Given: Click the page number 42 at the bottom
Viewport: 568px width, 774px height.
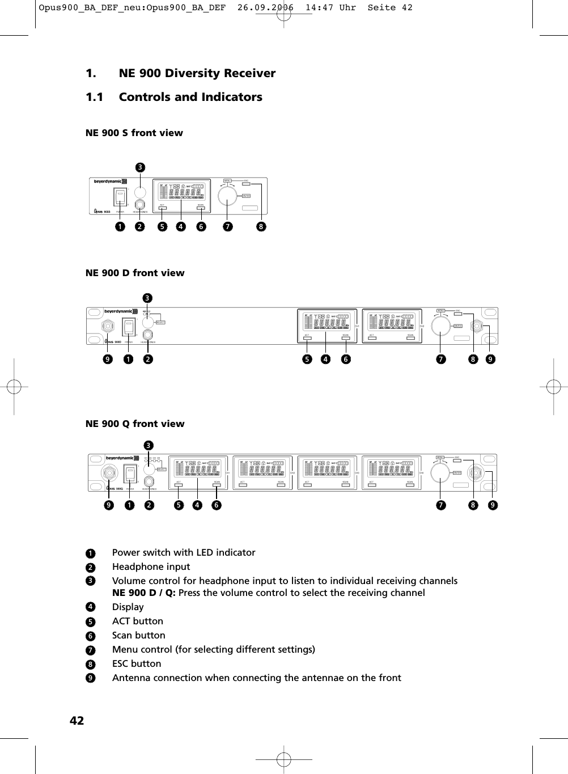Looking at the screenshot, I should click(77, 720).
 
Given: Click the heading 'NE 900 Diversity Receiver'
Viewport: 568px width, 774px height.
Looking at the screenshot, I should click(197, 73).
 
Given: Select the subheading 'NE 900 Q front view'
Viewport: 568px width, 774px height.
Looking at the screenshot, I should click(135, 424).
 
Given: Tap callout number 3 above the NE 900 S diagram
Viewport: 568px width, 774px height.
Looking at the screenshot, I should click(139, 167).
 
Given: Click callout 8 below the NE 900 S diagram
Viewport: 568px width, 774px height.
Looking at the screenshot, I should click(261, 227).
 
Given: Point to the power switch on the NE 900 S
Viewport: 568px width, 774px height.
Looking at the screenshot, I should click(120, 197).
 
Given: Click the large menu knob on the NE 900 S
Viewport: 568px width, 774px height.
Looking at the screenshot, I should click(227, 195).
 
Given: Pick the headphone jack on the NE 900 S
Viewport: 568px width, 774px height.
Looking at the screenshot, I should click(139, 206).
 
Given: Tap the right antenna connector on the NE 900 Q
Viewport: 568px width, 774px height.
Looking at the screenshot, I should click(475, 473).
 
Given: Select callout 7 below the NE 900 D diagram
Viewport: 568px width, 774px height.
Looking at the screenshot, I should click(440, 359).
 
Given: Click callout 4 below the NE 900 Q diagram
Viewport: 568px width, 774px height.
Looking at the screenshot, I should click(197, 505).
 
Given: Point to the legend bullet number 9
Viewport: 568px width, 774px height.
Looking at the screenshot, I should click(90, 678).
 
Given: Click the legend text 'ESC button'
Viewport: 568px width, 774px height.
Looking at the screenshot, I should click(137, 663).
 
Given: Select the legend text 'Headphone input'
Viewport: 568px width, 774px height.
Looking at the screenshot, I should click(151, 566).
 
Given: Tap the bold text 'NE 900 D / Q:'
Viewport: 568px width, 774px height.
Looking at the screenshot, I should click(143, 593).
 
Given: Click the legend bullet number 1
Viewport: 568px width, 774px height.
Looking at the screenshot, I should click(90, 553).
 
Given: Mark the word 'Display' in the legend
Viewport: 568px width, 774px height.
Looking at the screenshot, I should click(128, 607).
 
